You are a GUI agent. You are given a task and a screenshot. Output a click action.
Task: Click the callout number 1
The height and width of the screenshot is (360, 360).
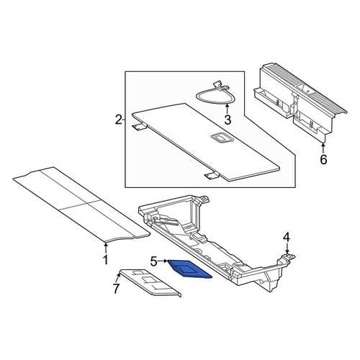pyautogui.click(x=106, y=260)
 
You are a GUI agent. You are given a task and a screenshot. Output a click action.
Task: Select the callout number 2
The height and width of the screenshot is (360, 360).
pyautogui.click(x=119, y=120)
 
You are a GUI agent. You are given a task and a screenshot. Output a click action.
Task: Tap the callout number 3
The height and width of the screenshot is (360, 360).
pyautogui.click(x=228, y=120)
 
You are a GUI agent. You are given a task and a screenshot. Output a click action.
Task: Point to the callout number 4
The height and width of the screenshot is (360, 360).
pyautogui.click(x=287, y=238)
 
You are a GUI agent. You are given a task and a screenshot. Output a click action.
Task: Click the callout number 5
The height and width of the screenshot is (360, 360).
pyautogui.click(x=154, y=261)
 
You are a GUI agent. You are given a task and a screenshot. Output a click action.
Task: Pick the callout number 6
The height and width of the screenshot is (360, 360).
pyautogui.click(x=323, y=159)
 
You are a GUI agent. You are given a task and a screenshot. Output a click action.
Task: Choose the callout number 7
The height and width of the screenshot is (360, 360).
pyautogui.click(x=116, y=289)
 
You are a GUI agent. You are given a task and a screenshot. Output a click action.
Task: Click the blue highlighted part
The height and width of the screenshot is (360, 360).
pyautogui.click(x=189, y=269)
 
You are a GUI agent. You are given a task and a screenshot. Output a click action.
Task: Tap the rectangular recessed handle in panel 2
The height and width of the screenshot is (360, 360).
pyautogui.click(x=220, y=138)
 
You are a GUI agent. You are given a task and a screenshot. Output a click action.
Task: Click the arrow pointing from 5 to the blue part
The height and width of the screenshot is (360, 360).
pyautogui.click(x=163, y=261)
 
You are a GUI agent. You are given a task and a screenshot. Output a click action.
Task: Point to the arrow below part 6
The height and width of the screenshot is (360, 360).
pyautogui.click(x=323, y=148)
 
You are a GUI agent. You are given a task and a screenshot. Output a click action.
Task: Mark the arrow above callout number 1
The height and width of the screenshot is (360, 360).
pyautogui.click(x=106, y=248)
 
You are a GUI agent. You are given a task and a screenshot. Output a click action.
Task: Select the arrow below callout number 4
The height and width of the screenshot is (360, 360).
pyautogui.click(x=287, y=248)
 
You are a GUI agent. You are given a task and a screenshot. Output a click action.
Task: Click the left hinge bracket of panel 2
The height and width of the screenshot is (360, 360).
pyautogui.click(x=139, y=127)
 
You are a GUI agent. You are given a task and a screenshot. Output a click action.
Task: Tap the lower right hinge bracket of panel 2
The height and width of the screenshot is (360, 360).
pyautogui.click(x=211, y=176)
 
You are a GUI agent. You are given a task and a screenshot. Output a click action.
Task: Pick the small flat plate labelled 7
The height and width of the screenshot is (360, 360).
pyautogui.click(x=150, y=283)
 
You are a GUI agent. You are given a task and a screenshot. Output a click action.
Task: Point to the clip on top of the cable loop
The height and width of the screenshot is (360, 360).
pyautogui.click(x=220, y=86)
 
